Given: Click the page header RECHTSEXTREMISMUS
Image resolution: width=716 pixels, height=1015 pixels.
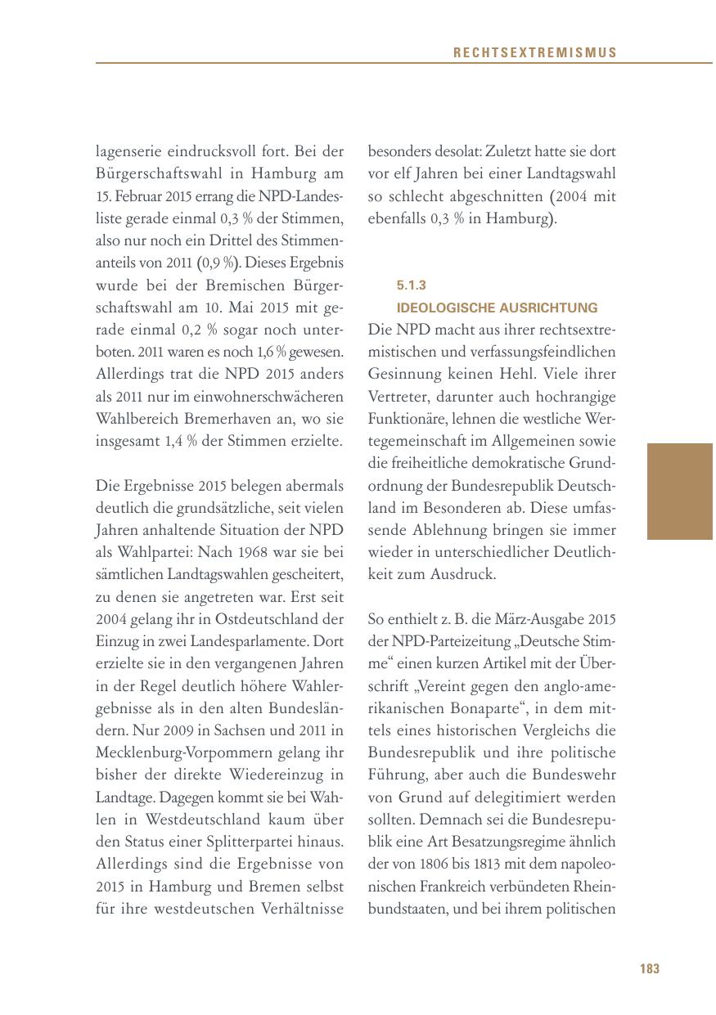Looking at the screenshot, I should point(534,52).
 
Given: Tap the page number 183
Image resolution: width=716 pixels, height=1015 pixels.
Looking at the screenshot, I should point(649,968).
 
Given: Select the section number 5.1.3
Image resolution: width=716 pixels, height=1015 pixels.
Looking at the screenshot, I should point(412,285).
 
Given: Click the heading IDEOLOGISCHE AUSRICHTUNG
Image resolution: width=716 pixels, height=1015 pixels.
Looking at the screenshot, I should point(497,308).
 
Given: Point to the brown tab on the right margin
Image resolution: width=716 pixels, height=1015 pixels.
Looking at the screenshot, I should point(680,491).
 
